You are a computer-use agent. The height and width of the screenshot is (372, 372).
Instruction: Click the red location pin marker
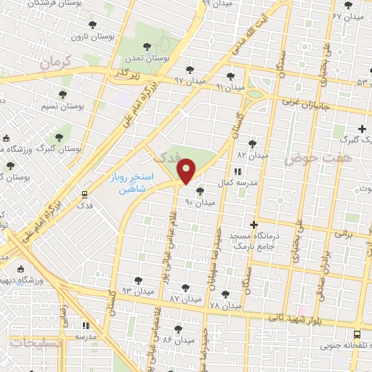click(x=187, y=171)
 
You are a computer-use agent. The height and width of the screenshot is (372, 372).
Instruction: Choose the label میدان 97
click(x=191, y=80)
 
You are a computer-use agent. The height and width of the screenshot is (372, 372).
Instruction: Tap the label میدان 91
click(x=230, y=86)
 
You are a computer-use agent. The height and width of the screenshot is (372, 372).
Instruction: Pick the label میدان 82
click(x=251, y=154)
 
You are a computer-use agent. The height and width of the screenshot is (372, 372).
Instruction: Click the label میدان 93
click(x=136, y=290)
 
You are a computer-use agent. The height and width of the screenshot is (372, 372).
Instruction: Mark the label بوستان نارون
click(x=97, y=34)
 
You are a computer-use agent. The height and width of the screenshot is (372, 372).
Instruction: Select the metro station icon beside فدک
click(x=85, y=194)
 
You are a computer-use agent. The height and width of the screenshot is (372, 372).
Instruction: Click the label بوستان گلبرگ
click(x=62, y=148)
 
